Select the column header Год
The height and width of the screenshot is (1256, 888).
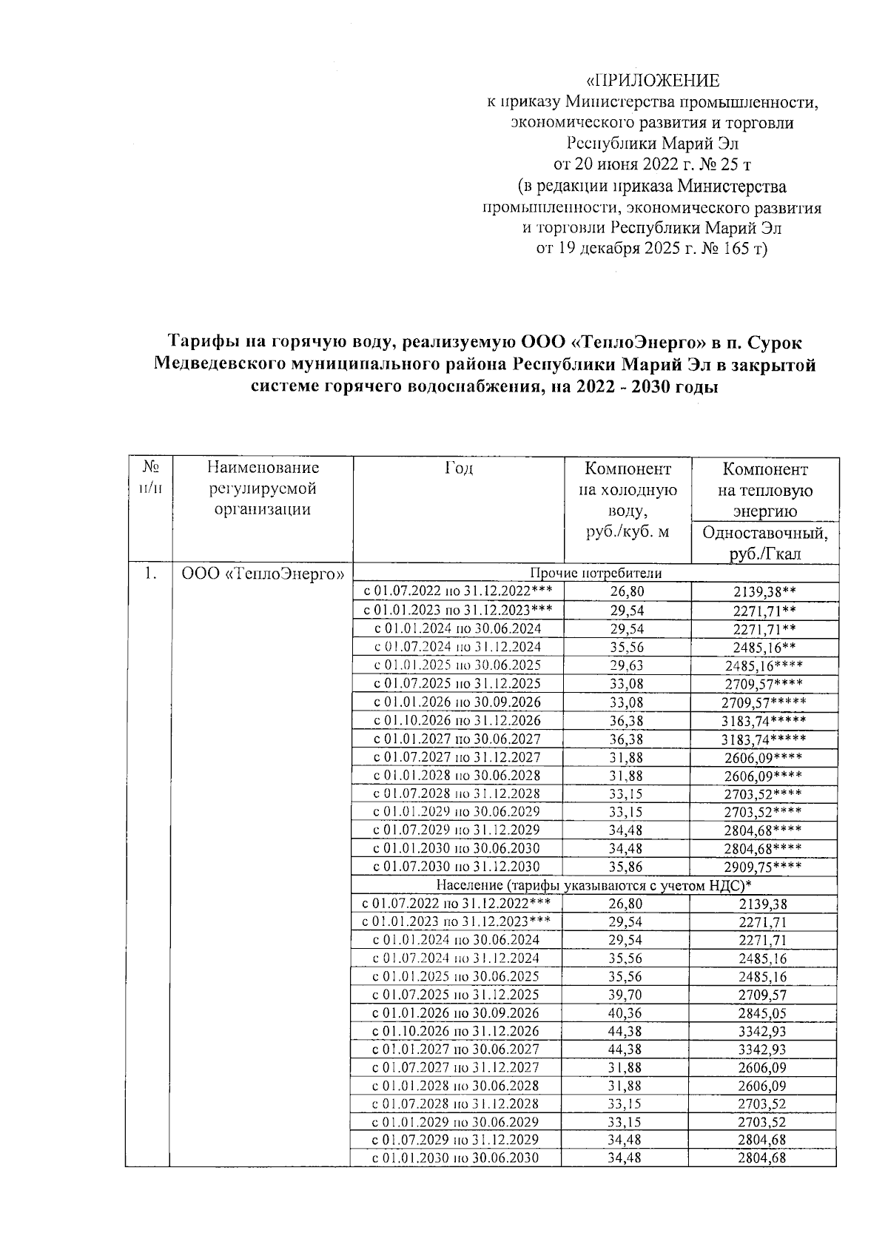[x=458, y=469]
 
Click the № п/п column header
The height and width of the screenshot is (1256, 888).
[x=150, y=478]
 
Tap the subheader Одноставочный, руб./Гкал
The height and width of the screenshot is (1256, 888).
[x=764, y=544]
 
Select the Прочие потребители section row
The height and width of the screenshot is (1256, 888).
[x=595, y=573]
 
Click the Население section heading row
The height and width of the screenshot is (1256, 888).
[x=593, y=885]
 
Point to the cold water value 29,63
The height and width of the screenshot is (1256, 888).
[x=626, y=665]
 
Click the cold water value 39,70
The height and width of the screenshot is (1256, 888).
[x=626, y=995]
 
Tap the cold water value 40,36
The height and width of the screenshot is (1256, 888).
[x=626, y=1013]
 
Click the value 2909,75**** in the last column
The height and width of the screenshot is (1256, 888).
[x=764, y=867]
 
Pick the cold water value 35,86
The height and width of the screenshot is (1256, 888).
[x=626, y=867]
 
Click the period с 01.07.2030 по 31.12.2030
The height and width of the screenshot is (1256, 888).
[x=457, y=867]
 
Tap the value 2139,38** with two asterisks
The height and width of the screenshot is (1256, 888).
[x=764, y=591]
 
